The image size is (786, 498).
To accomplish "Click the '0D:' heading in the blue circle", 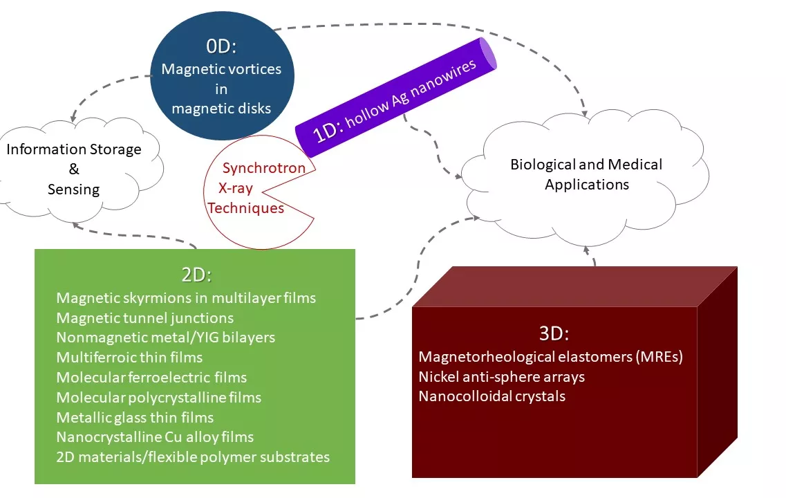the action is (221, 46).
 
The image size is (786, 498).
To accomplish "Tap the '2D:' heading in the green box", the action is (196, 275).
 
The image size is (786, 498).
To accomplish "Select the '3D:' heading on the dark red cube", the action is (554, 333).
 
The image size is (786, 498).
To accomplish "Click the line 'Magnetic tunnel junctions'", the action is (145, 318).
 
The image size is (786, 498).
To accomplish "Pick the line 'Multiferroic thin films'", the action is (129, 358).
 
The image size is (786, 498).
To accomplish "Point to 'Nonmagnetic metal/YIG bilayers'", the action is (165, 338).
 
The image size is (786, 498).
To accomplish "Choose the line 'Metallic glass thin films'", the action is (135, 417).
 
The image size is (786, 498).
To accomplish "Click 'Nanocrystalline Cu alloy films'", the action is (155, 437).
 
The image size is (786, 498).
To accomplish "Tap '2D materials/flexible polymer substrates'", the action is (193, 457).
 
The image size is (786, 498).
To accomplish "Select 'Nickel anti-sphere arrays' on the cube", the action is (502, 377).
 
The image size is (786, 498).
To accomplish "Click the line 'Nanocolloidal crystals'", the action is (492, 396).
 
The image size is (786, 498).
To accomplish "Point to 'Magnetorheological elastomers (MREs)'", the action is (550, 357).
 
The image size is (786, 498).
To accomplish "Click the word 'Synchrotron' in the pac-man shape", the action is (263, 168).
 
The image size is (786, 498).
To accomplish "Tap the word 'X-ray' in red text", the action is (235, 189).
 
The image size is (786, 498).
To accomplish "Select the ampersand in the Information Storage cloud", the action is (74, 169).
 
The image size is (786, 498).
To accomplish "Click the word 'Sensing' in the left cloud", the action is (74, 190).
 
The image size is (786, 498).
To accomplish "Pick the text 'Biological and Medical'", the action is (586, 165).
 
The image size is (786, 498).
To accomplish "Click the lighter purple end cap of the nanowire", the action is (488, 53).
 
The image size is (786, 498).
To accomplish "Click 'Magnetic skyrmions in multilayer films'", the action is (186, 298).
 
